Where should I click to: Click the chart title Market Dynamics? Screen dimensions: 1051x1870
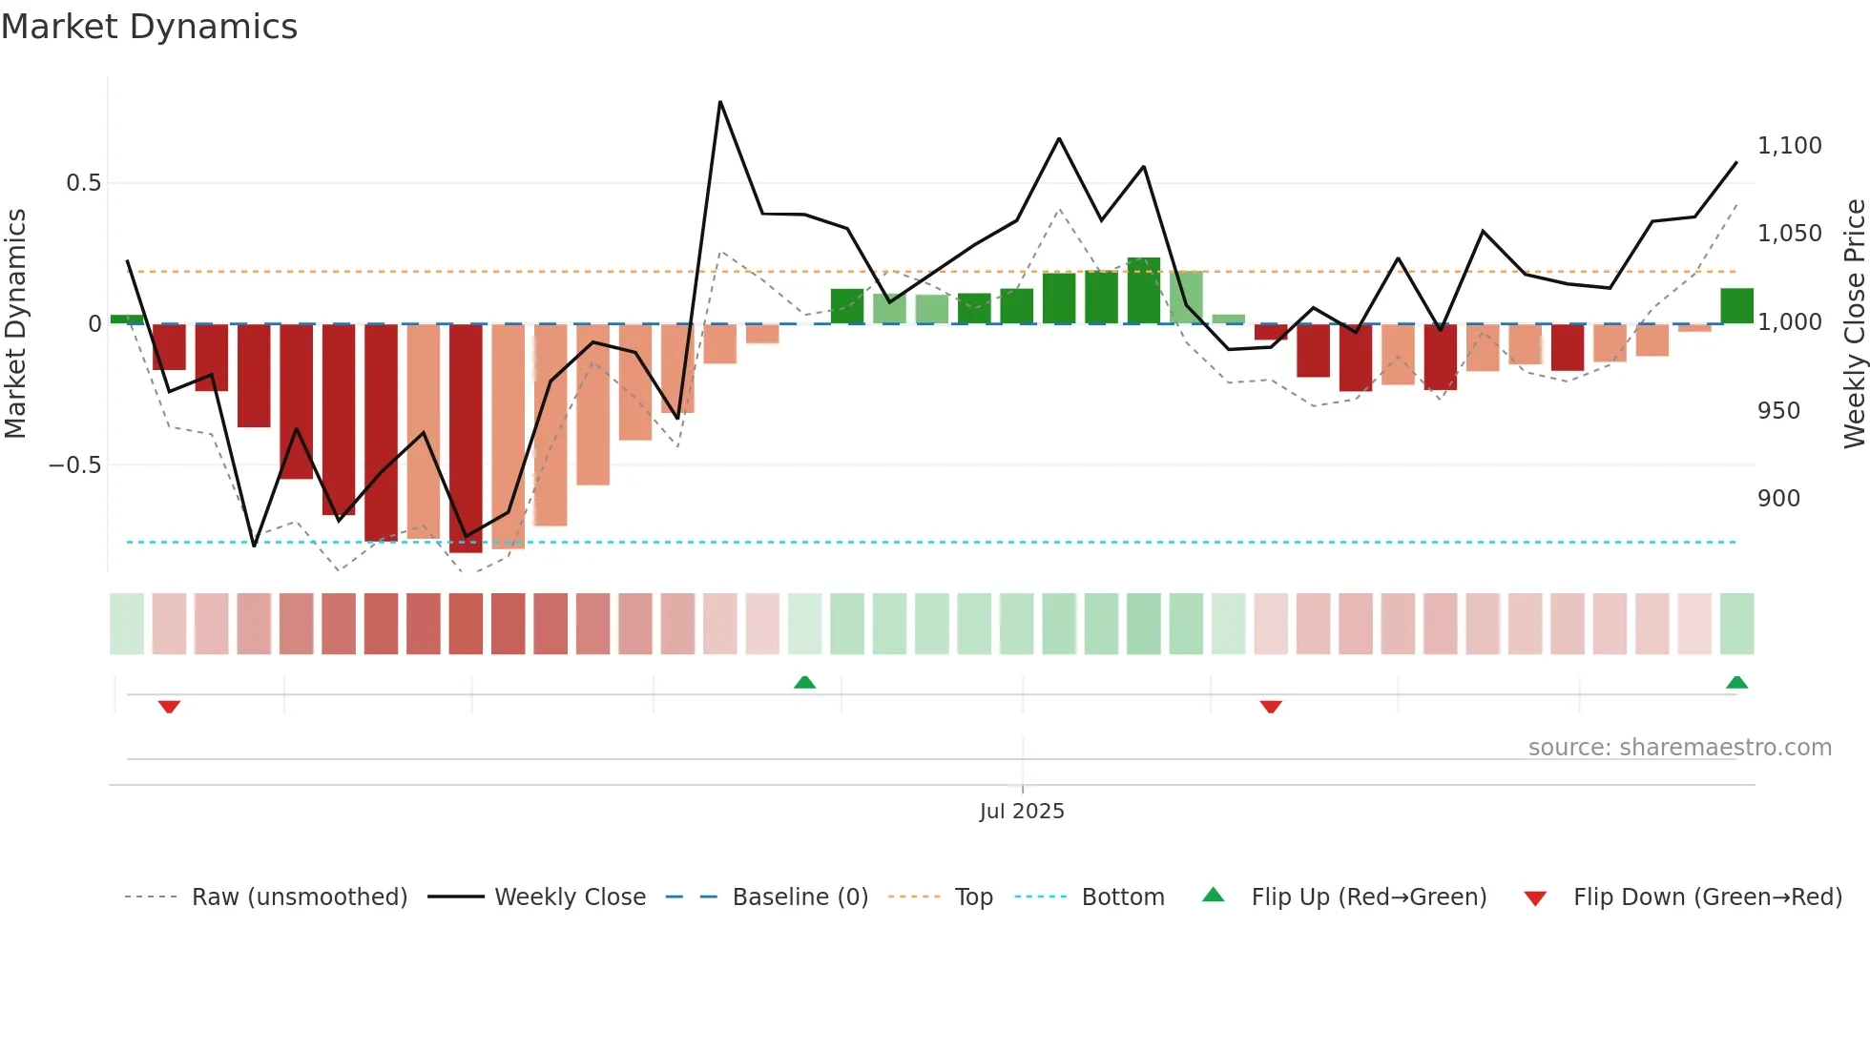149,27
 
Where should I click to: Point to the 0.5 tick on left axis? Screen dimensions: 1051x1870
83,183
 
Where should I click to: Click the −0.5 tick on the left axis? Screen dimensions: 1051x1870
74,465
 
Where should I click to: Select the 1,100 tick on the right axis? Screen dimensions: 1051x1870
1789,146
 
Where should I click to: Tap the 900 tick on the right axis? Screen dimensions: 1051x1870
1778,499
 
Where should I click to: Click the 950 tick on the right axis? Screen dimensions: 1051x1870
1778,411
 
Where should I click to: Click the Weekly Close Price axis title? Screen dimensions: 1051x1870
1854,324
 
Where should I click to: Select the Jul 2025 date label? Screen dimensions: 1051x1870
1021,812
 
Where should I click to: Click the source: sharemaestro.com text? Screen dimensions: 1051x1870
1679,748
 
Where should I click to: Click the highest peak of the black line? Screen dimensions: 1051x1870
720,102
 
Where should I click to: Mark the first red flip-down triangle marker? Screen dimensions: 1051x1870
169,707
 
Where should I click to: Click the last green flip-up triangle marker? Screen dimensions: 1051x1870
1736,682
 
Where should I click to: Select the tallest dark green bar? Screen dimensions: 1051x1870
1143,291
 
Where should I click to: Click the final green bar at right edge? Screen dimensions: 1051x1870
1736,306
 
